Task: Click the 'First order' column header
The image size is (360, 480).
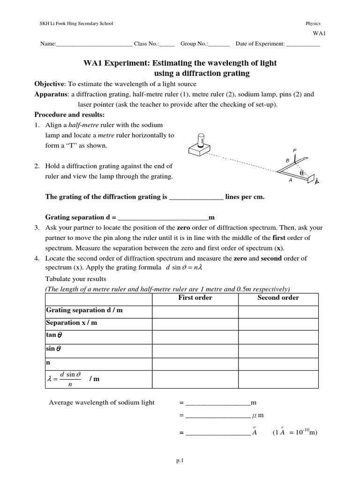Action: coord(195,298)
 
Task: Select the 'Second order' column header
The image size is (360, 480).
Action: coord(278,298)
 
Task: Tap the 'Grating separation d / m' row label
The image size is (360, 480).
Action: coord(84,310)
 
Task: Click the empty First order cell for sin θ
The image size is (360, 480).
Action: coord(195,349)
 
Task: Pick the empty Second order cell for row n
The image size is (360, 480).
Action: coord(278,362)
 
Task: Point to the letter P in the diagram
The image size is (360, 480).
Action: coord(295,150)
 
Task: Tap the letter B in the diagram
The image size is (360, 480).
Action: coord(287,160)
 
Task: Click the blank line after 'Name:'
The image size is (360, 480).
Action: coord(94,44)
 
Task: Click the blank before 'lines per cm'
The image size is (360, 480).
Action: coord(195,198)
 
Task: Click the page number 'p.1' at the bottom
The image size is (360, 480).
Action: coord(180,461)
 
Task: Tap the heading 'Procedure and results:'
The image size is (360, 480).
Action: coord(69,115)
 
